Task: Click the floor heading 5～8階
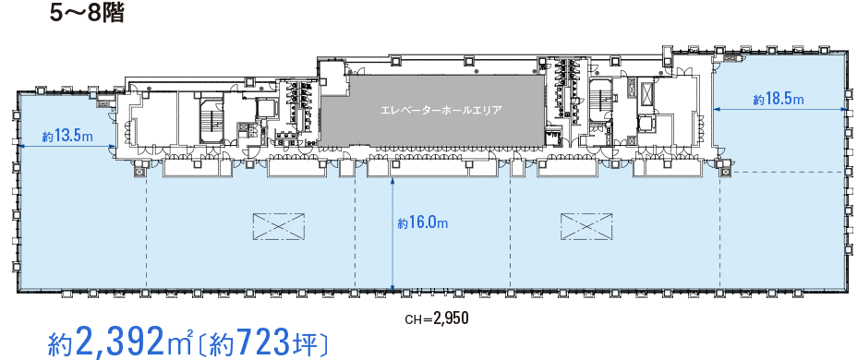pyautogui.click(x=88, y=14)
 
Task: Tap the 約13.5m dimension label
pyautogui.click(x=66, y=137)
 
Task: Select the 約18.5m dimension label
pyautogui.click(x=779, y=100)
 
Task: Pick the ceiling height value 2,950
pyautogui.click(x=451, y=318)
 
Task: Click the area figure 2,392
pyautogui.click(x=121, y=342)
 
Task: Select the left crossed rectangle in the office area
pyautogui.click(x=278, y=225)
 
